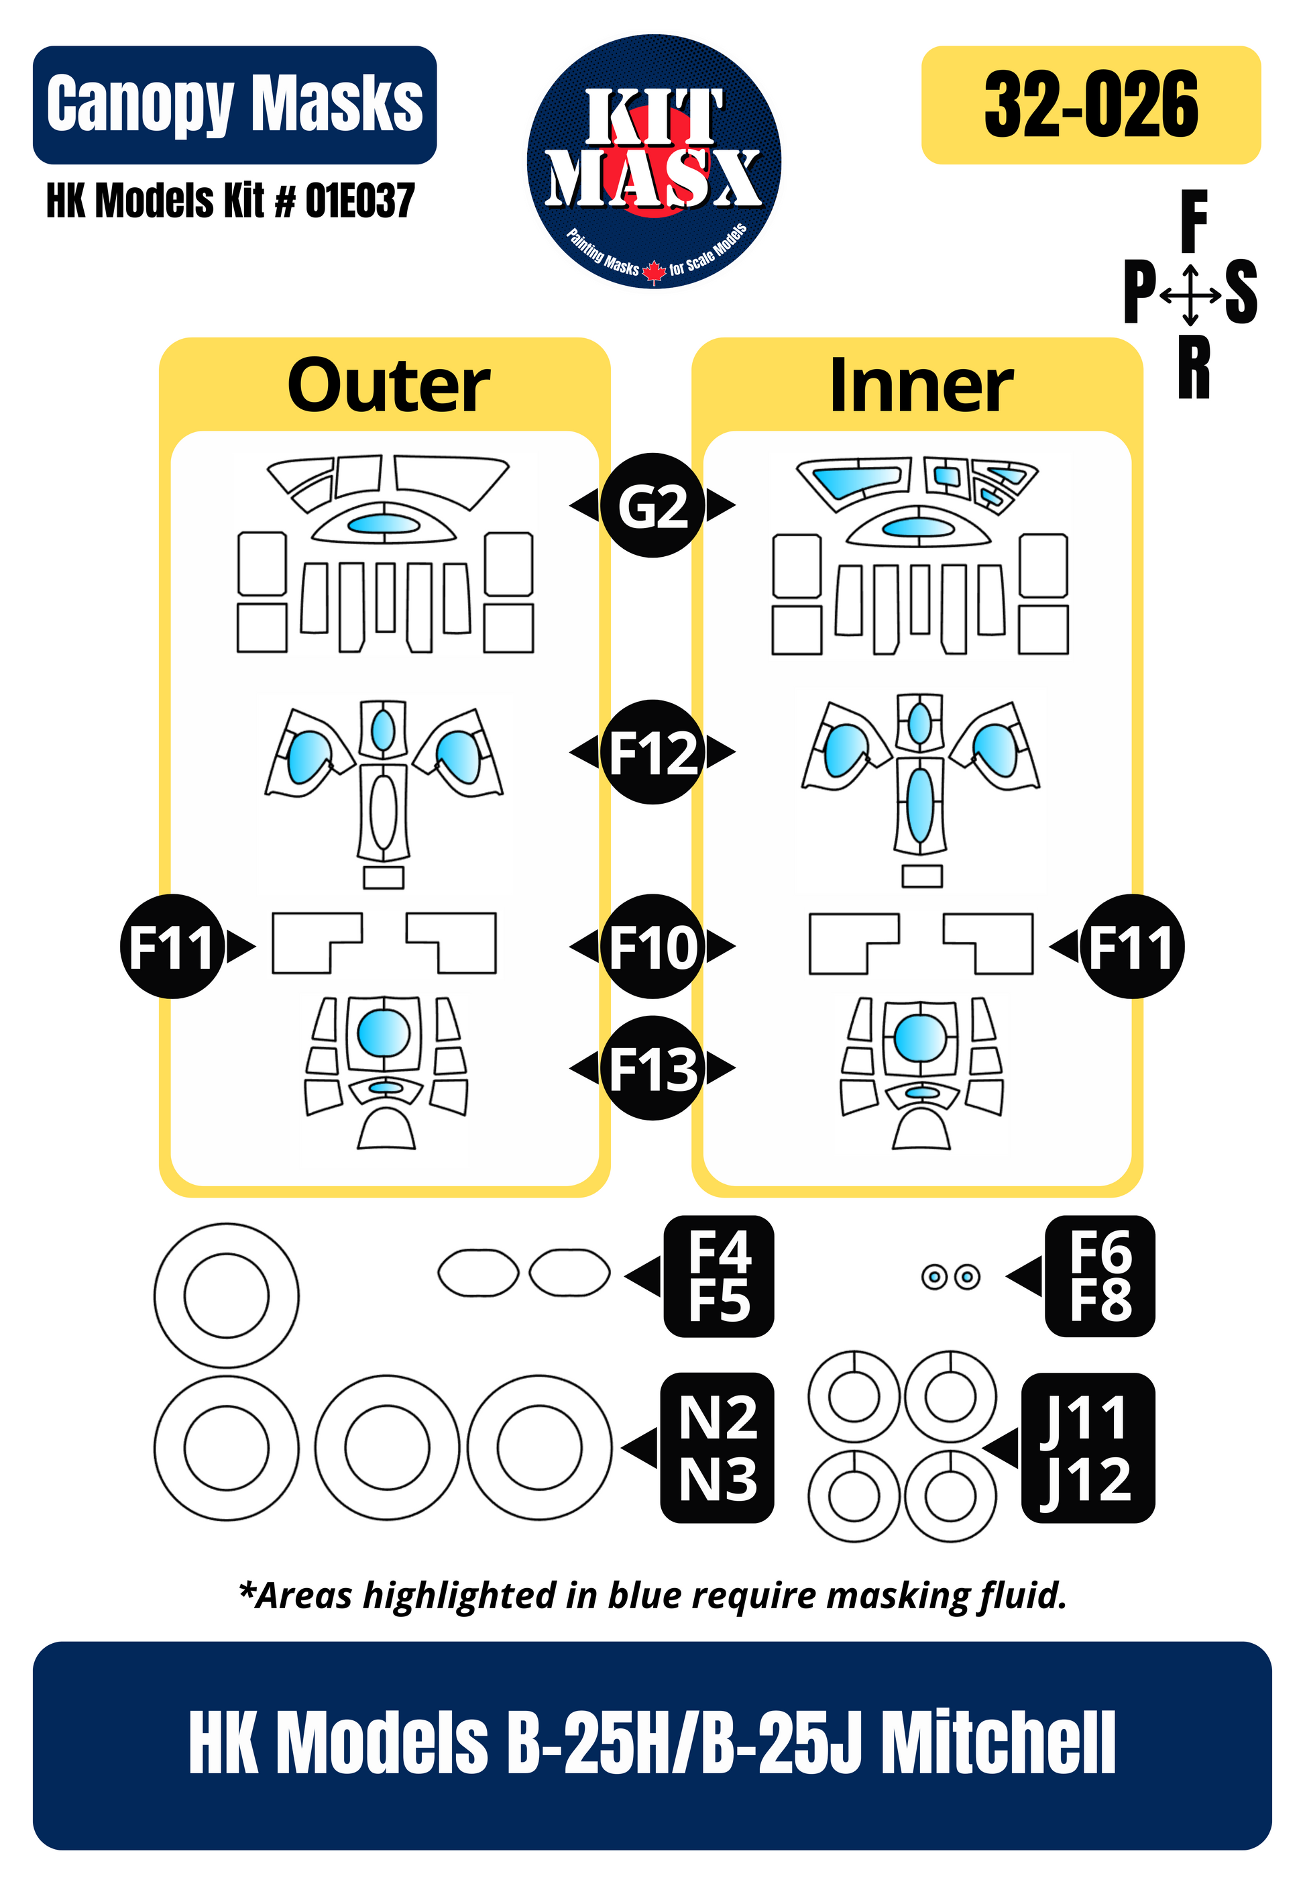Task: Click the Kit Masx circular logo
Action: coord(653,161)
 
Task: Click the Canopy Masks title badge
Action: coord(235,105)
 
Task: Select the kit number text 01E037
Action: coord(359,201)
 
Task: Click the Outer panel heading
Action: coord(388,386)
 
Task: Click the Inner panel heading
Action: coord(921,386)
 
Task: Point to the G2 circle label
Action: coord(652,505)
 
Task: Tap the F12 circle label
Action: coord(652,752)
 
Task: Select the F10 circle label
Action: coord(652,946)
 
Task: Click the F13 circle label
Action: coord(652,1067)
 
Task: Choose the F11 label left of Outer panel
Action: coord(172,946)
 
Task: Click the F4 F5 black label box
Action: coord(719,1276)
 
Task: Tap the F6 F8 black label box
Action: coord(1100,1276)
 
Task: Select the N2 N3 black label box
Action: coord(717,1448)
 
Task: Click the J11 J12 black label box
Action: coord(1088,1448)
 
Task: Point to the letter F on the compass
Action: coord(1194,221)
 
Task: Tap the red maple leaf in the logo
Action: coord(653,270)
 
